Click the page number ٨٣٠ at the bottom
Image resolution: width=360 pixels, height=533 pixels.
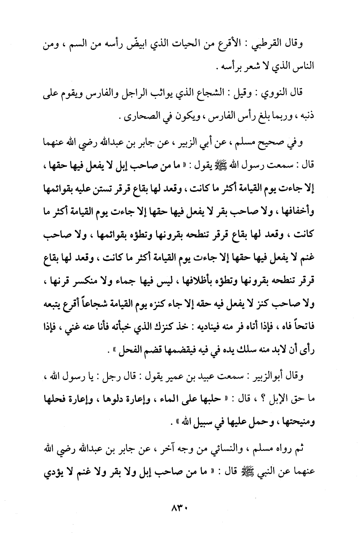click(180, 510)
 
